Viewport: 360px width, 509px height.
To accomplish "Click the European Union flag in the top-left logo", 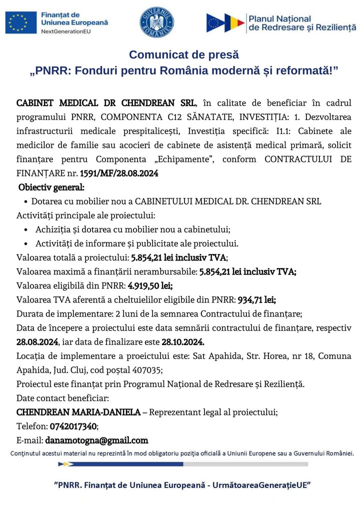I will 21,22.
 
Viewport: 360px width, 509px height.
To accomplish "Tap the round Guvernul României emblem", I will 156,22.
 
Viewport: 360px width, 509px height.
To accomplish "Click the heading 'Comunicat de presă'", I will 184,54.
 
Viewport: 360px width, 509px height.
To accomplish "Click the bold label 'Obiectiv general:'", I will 51,188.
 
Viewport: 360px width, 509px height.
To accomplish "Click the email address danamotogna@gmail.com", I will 97,440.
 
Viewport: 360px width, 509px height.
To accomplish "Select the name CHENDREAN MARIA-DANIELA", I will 78,412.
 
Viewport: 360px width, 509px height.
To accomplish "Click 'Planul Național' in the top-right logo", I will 279,18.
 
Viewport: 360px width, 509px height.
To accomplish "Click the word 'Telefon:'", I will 32,426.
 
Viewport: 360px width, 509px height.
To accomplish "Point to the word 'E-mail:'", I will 30,440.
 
